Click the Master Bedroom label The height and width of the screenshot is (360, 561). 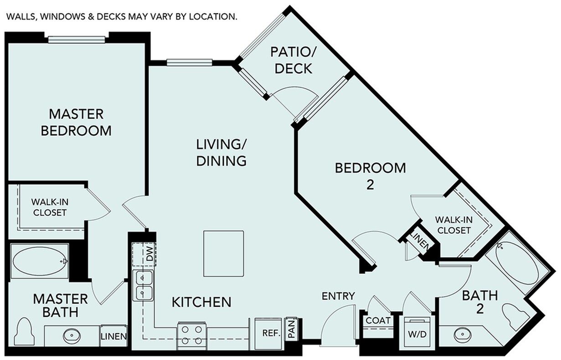(x=76, y=122)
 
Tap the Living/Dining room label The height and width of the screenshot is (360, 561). (x=221, y=153)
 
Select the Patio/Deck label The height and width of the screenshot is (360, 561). (x=291, y=60)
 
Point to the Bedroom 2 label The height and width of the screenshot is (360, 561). (x=370, y=175)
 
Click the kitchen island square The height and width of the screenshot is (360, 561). (x=223, y=253)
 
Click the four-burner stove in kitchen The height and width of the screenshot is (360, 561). (x=192, y=335)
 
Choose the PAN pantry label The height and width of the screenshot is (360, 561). (x=291, y=329)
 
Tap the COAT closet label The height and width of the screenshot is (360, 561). (x=378, y=320)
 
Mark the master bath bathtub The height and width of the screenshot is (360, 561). (x=40, y=262)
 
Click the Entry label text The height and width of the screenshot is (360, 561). (x=338, y=296)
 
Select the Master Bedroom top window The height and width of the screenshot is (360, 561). (x=77, y=39)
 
